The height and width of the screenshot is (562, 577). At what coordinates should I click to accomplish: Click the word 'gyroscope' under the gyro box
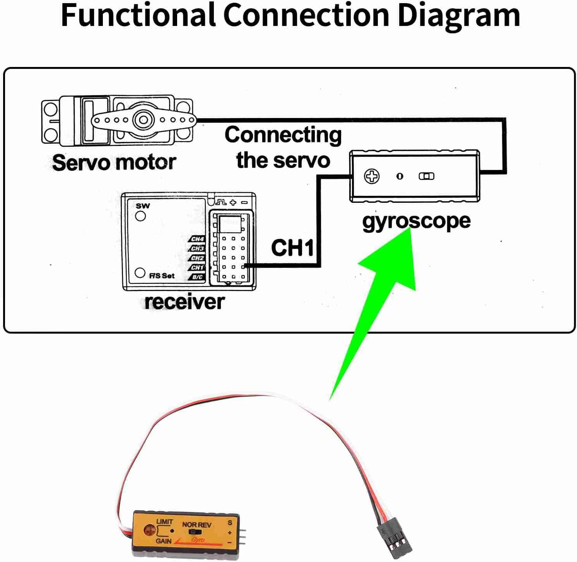pos(416,222)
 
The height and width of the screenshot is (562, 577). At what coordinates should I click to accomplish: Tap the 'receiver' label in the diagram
pos(184,302)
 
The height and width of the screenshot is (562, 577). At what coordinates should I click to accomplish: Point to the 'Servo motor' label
pos(114,163)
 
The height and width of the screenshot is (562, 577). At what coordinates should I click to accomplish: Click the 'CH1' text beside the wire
pos(292,248)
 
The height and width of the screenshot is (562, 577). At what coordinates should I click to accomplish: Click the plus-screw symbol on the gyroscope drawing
pos(372,176)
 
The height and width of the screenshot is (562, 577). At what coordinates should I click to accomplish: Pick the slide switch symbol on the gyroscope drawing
pos(427,176)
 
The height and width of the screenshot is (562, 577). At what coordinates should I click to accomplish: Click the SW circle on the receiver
pos(141,216)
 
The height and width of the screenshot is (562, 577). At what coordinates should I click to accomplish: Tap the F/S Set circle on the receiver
pos(140,273)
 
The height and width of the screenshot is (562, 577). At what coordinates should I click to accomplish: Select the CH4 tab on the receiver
pos(197,239)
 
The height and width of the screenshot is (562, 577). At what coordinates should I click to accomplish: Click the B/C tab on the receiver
pos(197,277)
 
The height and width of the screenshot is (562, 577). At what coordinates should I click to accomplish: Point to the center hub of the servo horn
pos(143,120)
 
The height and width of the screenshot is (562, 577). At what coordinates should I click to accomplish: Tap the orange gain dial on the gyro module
pos(149,530)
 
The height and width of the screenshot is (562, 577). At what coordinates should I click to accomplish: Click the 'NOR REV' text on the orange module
pos(197,525)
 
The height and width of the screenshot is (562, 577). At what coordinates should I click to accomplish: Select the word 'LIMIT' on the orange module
pos(165,522)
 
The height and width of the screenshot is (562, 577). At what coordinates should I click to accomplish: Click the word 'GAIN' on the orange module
pos(164,541)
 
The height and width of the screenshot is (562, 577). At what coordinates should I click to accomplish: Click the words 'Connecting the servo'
pos(283,147)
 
